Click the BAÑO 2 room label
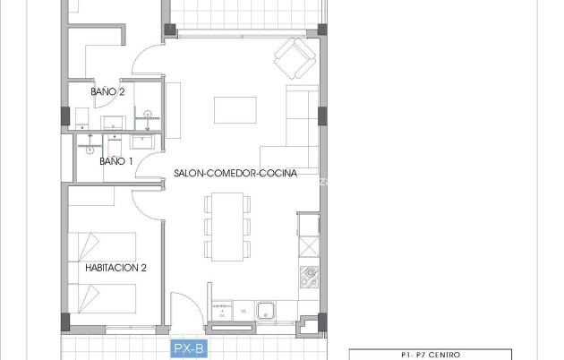pos(107,91)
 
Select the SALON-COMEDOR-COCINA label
pos(235,175)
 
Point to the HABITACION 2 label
pos(115,267)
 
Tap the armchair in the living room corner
pos(294,59)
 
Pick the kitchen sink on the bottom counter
pos(266,312)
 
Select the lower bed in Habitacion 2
pos(103,296)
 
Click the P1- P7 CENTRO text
pos(429,355)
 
